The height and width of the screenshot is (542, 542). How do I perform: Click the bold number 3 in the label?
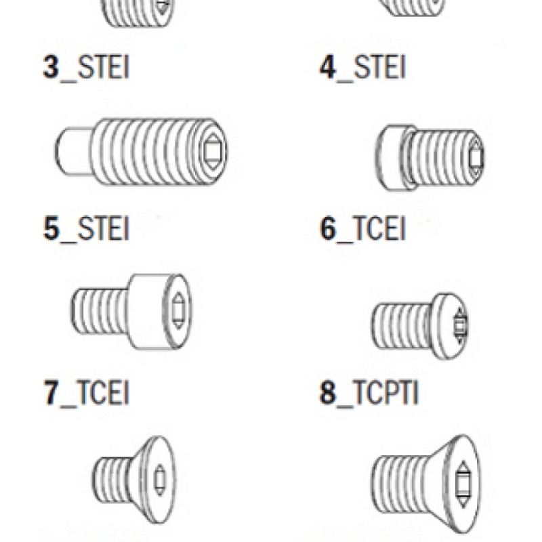pos(51,67)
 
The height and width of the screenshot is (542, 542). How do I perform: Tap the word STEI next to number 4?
pos(379,67)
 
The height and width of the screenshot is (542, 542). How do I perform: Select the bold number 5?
pos(51,228)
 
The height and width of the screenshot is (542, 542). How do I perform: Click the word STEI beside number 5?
pos(104,228)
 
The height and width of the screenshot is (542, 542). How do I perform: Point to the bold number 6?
pos(328,228)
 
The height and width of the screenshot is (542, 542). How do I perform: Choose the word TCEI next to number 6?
pos(379,228)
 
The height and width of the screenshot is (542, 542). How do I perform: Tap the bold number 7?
pos(51,392)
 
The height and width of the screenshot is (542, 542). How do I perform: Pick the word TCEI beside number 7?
pos(102,392)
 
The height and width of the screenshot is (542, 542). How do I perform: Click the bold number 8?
pos(327,392)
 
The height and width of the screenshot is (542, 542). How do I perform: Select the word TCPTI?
pos(385,392)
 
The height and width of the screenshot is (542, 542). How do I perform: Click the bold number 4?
pos(328,67)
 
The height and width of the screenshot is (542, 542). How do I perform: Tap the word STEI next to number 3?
pos(104,67)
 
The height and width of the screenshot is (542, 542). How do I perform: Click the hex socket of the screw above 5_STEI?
pos(211,152)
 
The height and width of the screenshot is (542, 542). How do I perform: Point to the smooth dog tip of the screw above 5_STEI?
pos(74,151)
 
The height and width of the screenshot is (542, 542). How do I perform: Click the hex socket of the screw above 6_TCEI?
pos(476,157)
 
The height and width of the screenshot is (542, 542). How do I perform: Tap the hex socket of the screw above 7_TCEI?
pos(178,310)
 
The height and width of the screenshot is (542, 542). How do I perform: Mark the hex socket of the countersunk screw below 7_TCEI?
pos(159,480)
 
